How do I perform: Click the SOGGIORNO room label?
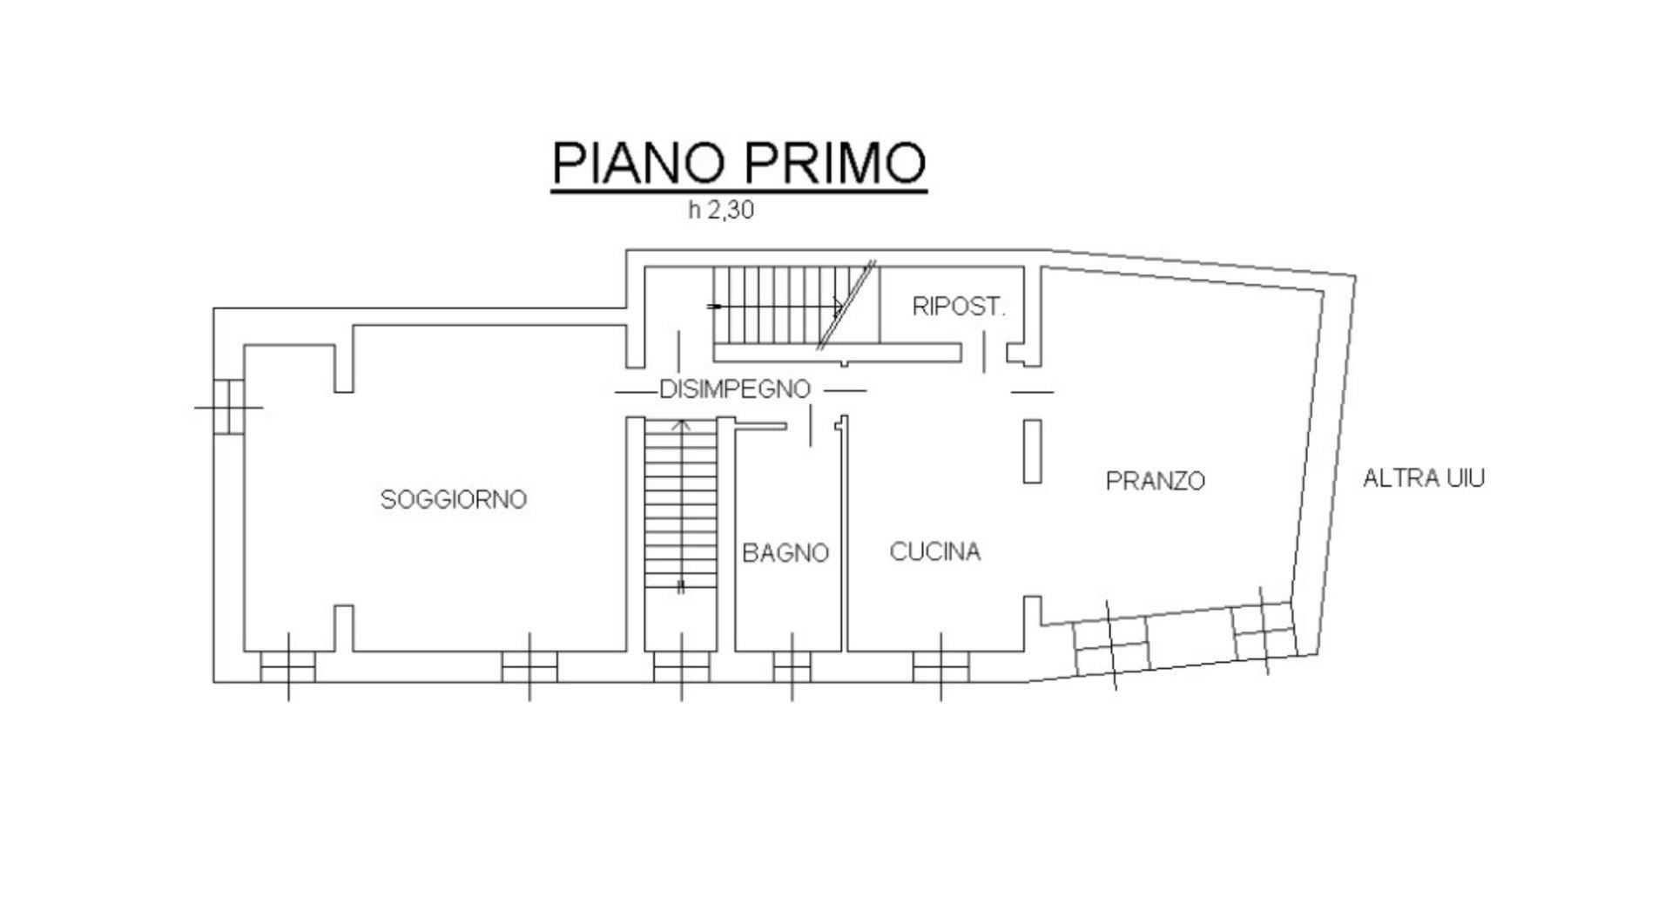454,499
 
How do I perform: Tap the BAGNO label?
785,553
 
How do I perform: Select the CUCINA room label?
935,551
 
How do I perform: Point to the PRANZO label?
1156,480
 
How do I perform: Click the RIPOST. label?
959,307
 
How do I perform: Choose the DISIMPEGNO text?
734,389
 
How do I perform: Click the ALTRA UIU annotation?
1423,478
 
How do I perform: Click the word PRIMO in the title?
835,163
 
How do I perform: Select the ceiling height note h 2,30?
720,211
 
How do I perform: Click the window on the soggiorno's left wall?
228,406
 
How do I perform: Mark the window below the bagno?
792,667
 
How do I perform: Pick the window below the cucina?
940,667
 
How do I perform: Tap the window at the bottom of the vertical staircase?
681,667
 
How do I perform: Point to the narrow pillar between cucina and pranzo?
1032,450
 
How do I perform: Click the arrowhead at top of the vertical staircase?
682,426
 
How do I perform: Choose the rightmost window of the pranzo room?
1263,629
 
